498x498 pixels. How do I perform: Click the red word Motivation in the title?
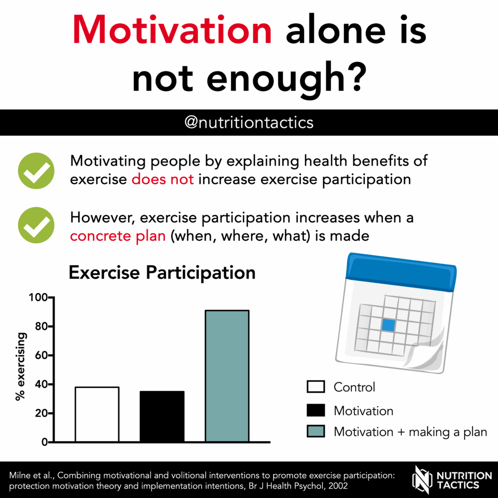(172, 30)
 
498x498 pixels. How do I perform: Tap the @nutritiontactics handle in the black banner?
(249, 123)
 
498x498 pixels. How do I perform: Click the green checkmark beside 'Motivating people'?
(36, 171)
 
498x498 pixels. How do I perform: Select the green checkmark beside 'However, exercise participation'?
(36, 225)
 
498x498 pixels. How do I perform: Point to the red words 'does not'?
(162, 179)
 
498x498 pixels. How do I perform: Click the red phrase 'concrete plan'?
(118, 236)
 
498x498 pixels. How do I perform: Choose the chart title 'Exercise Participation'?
(162, 272)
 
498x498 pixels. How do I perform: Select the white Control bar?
(97, 414)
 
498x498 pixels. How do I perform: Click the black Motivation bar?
(162, 416)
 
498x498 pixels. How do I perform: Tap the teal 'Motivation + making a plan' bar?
(227, 376)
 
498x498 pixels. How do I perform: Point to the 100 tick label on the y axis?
(38, 298)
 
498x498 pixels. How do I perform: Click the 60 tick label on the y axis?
(41, 356)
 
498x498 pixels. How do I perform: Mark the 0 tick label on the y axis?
(44, 442)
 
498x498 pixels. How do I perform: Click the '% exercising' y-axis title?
(20, 367)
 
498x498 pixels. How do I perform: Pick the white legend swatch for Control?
(316, 387)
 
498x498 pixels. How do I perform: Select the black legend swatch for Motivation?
(316, 410)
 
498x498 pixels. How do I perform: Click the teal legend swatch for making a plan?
(316, 431)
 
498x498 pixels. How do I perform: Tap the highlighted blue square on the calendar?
(389, 325)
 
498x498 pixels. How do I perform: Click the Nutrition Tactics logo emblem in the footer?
(422, 480)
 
